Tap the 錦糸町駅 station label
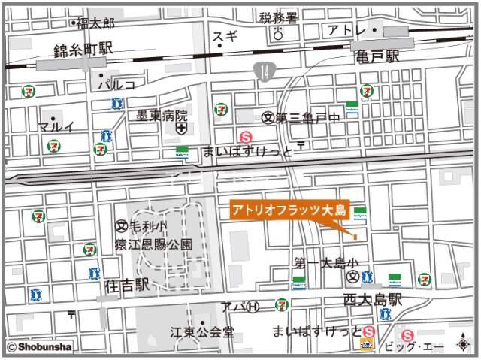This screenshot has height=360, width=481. (x=83, y=49)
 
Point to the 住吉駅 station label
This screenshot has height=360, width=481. (x=123, y=286)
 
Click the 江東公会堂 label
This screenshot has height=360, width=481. (x=202, y=331)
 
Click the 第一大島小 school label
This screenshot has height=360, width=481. (x=328, y=263)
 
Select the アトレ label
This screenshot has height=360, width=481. (x=346, y=31)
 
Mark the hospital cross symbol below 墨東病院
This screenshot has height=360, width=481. (x=181, y=130)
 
